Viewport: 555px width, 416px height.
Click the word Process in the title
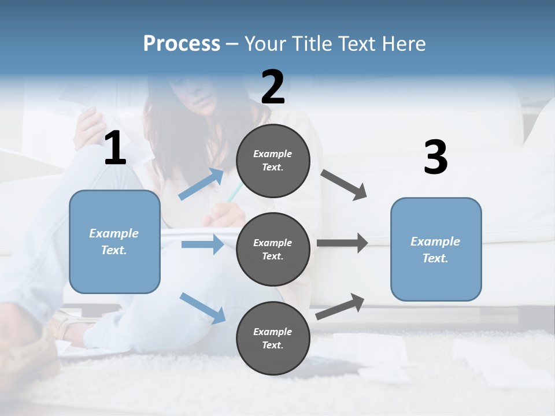182,44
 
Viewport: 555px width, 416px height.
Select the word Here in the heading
404,44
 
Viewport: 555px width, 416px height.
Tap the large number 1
115,148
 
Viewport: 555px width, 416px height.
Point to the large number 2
273,87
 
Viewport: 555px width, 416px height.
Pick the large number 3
435,158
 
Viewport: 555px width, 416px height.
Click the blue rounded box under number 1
114,242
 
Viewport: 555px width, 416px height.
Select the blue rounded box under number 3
436,250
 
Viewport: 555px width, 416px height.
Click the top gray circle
273,161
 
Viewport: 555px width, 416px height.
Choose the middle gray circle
273,250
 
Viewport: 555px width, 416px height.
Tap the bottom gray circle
273,339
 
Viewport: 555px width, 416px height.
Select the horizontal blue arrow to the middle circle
202,244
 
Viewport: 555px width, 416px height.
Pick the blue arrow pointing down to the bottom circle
202,307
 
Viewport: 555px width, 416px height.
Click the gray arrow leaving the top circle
343,184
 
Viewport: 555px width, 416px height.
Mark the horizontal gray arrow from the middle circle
342,243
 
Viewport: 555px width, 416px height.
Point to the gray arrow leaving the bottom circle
341,307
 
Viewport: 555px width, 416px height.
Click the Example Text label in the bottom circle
273,339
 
